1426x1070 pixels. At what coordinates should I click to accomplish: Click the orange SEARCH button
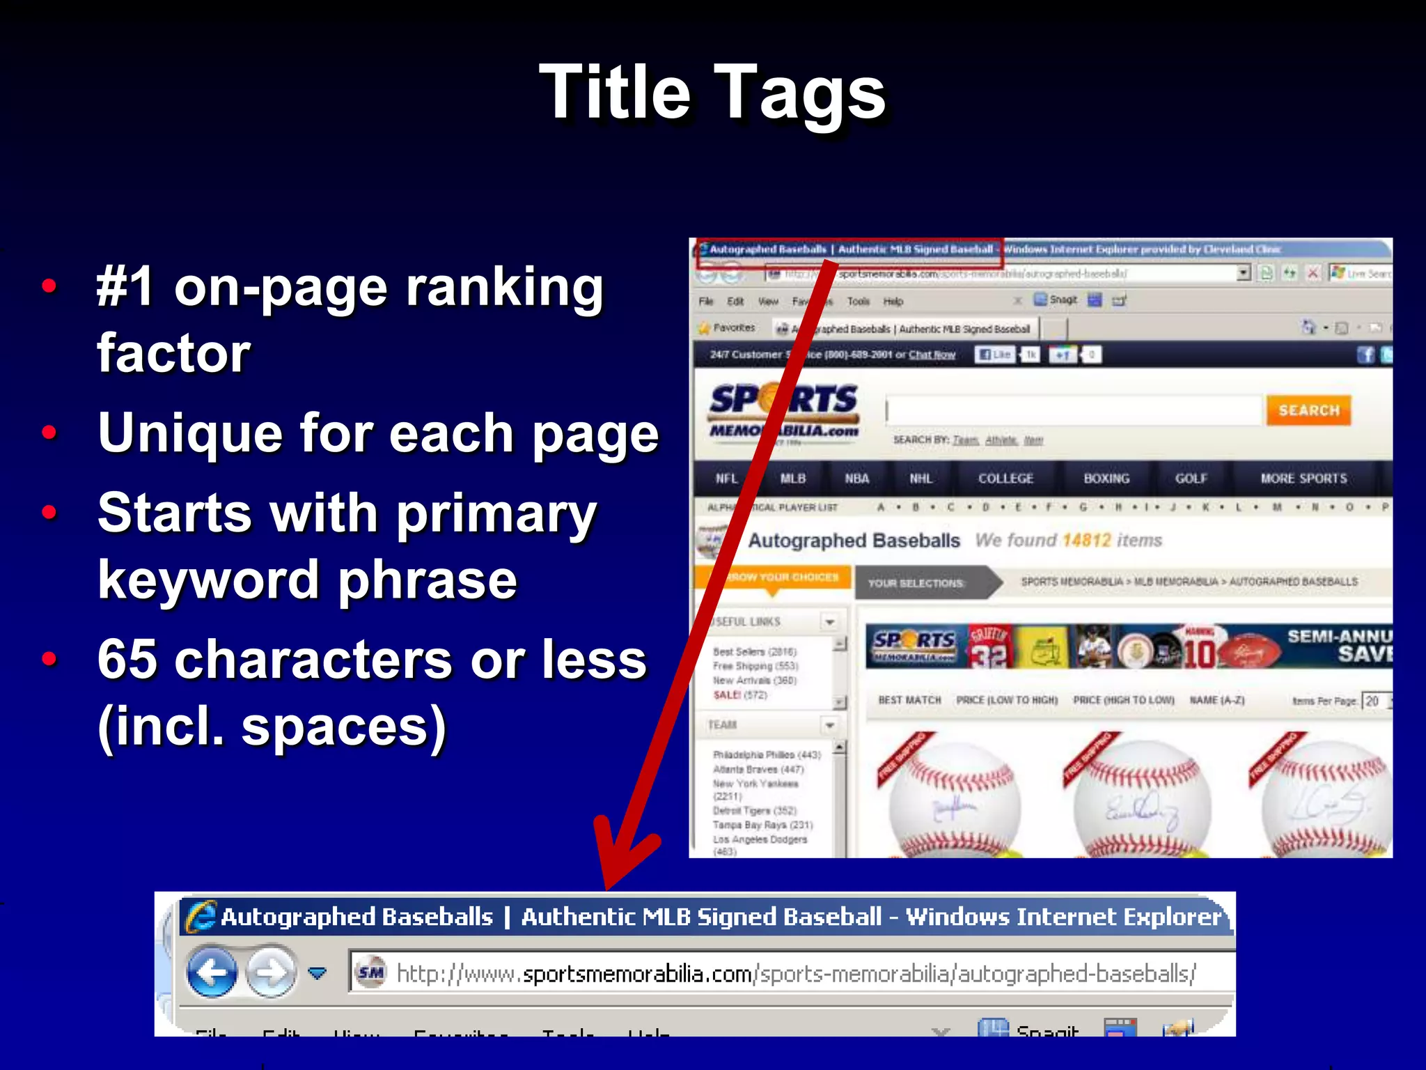(x=1308, y=410)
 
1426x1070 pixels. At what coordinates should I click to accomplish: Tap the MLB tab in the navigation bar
(x=792, y=479)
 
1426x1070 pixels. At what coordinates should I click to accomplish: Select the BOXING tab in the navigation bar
(x=1106, y=479)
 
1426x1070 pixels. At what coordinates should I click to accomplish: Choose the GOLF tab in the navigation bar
(x=1191, y=479)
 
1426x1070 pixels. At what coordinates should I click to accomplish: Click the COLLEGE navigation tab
(x=1005, y=479)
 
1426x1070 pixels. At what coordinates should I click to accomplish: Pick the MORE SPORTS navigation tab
(x=1303, y=479)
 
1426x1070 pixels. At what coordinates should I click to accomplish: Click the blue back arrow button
(x=212, y=971)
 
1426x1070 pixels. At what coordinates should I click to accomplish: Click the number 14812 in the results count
(x=1086, y=541)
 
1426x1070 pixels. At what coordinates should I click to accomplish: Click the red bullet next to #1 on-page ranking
(x=49, y=286)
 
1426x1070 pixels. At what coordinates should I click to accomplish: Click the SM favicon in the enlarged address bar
(x=370, y=972)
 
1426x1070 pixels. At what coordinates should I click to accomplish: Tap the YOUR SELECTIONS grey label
(x=916, y=583)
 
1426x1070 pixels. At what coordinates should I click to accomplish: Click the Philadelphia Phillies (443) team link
(x=767, y=755)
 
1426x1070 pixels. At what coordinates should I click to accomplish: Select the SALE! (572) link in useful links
(x=739, y=695)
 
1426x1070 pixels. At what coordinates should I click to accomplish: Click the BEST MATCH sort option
(x=909, y=700)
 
